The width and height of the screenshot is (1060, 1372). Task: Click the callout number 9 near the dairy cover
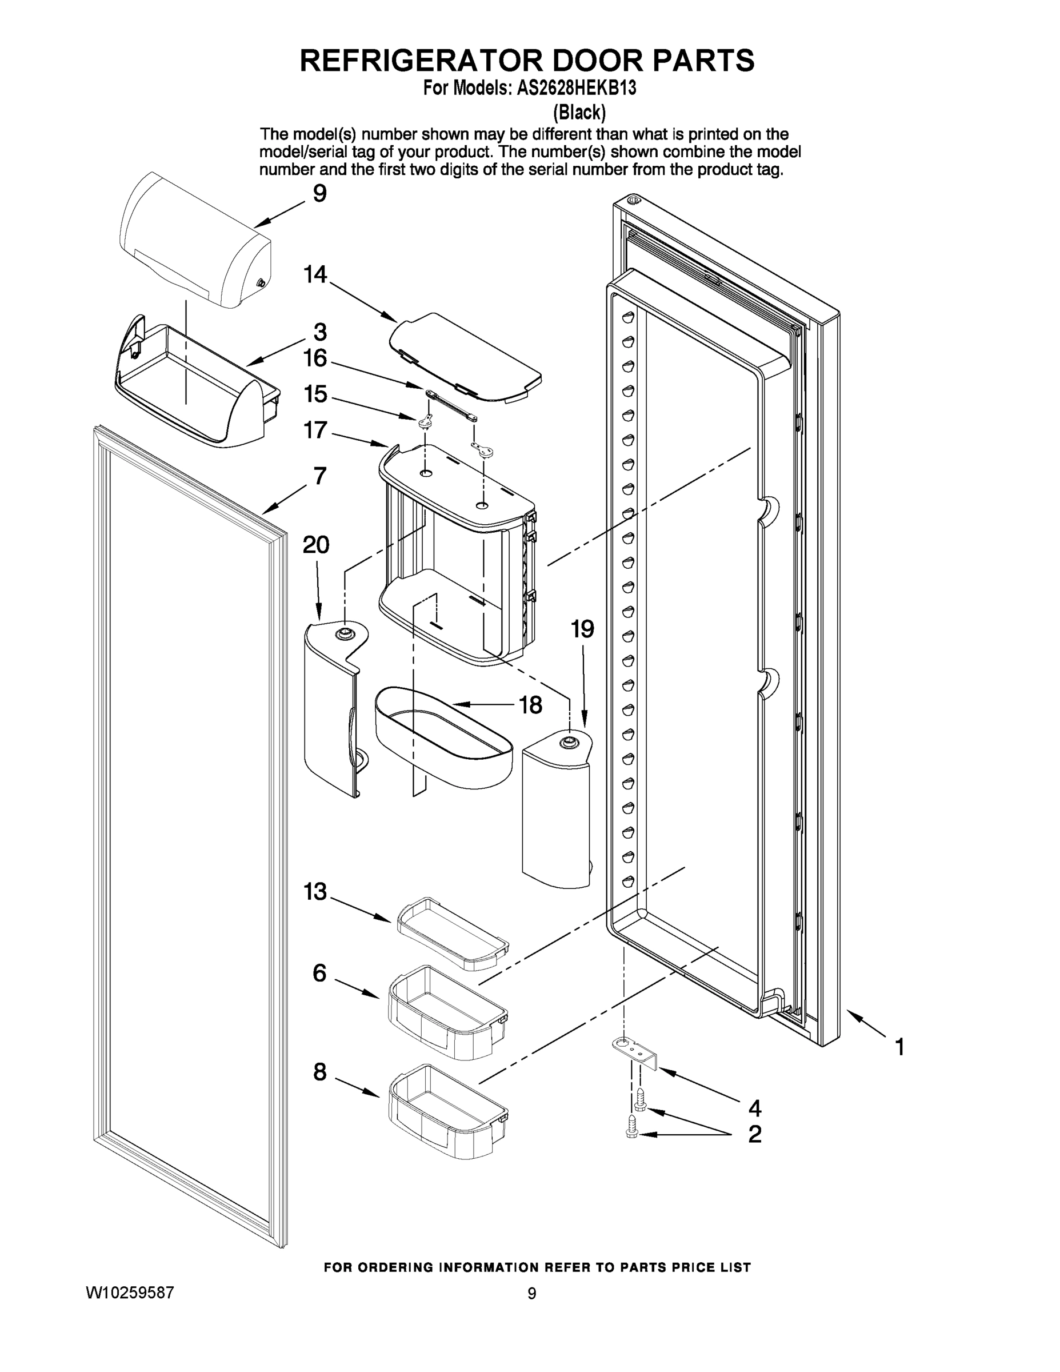point(319,193)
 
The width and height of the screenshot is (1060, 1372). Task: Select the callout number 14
point(315,274)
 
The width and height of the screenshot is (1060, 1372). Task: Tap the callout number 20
point(316,545)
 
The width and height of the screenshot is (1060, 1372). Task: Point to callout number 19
point(582,628)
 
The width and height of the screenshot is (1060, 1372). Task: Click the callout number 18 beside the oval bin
point(531,705)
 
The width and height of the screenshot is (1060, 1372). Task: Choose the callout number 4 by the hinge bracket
point(754,1107)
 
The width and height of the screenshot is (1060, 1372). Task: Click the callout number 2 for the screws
point(754,1134)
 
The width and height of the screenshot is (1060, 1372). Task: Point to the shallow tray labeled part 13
point(452,933)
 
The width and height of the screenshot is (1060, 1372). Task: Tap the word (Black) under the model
point(579,113)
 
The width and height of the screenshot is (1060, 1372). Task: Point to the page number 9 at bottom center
point(532,1294)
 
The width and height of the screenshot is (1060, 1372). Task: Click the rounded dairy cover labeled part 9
point(195,242)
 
